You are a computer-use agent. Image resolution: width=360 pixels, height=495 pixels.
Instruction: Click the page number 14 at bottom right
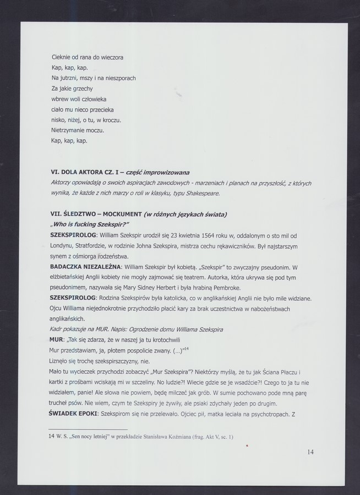tap(310, 452)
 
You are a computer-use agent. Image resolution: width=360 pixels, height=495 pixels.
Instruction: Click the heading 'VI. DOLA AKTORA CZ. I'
tap(88, 172)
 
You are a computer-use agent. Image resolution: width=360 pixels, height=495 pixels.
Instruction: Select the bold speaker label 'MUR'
tap(57, 340)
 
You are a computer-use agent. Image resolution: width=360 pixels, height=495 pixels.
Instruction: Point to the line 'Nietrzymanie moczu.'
tap(78, 130)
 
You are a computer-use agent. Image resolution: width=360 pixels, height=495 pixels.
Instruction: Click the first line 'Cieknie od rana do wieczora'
tap(87, 57)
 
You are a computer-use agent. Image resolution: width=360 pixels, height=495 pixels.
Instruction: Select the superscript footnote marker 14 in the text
tap(186, 349)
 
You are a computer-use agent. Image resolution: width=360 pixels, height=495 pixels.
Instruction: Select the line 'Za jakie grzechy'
tap(72, 89)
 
